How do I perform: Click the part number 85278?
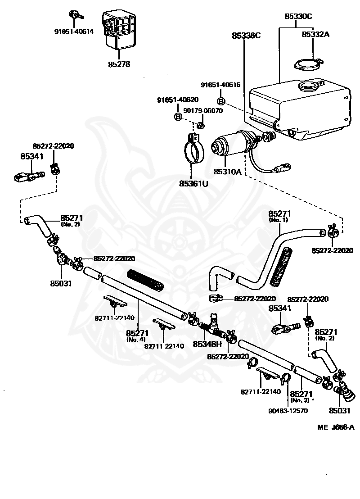(x=119, y=64)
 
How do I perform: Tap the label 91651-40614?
(x=74, y=31)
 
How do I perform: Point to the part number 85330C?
(x=298, y=16)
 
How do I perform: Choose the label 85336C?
(x=246, y=35)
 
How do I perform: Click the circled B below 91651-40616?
(x=221, y=101)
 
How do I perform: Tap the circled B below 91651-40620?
(x=178, y=117)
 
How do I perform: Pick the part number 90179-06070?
(x=203, y=110)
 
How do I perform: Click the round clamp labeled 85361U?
(x=193, y=148)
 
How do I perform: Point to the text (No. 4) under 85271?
(x=136, y=339)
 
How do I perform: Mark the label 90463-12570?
(x=288, y=411)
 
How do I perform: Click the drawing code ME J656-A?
(x=336, y=427)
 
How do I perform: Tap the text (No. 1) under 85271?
(x=278, y=220)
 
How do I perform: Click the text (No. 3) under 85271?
(x=300, y=400)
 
